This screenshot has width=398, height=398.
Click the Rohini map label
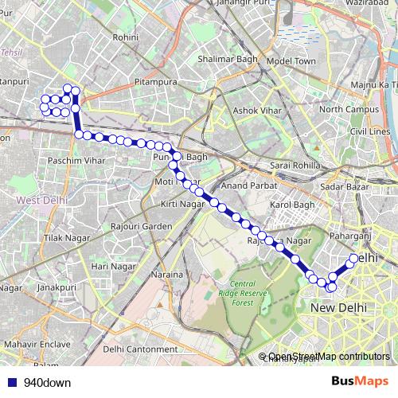127,37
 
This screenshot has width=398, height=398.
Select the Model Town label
291,61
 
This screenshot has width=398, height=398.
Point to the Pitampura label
158,80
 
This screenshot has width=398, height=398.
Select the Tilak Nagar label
64,238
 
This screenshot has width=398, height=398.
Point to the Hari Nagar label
111,266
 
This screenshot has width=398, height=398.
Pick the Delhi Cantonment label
140,349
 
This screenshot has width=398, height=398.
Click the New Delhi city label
338,307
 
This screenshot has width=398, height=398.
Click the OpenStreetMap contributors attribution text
328,357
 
